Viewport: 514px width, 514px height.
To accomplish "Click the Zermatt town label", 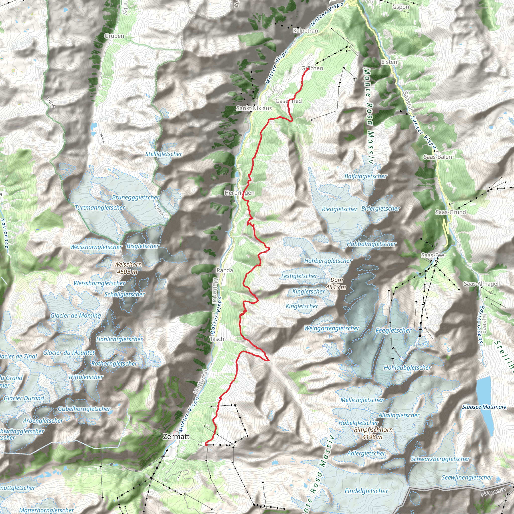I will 176,437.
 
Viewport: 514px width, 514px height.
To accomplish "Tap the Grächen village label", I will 312,68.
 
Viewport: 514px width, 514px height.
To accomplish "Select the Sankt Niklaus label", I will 254,108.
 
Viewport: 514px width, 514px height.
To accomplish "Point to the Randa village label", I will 225,270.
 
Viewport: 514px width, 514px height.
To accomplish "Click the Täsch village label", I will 217,339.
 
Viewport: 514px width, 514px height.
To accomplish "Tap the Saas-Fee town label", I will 433,255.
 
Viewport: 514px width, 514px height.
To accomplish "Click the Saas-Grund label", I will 451,212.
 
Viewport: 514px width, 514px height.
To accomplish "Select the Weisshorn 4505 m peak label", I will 128,268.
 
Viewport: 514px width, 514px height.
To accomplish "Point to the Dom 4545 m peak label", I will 336,283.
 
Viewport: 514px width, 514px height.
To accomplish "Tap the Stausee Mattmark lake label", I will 484,407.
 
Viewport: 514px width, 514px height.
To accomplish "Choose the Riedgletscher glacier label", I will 340,209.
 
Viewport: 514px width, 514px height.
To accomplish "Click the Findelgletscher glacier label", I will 366,491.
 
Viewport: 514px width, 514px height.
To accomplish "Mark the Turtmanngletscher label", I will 100,208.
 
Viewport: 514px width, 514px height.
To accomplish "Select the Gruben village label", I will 114,36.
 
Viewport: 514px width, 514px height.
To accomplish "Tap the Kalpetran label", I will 305,31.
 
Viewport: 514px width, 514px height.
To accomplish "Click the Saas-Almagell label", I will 482,284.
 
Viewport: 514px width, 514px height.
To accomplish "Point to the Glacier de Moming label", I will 76,316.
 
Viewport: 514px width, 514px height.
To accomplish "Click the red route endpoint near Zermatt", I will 206,444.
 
